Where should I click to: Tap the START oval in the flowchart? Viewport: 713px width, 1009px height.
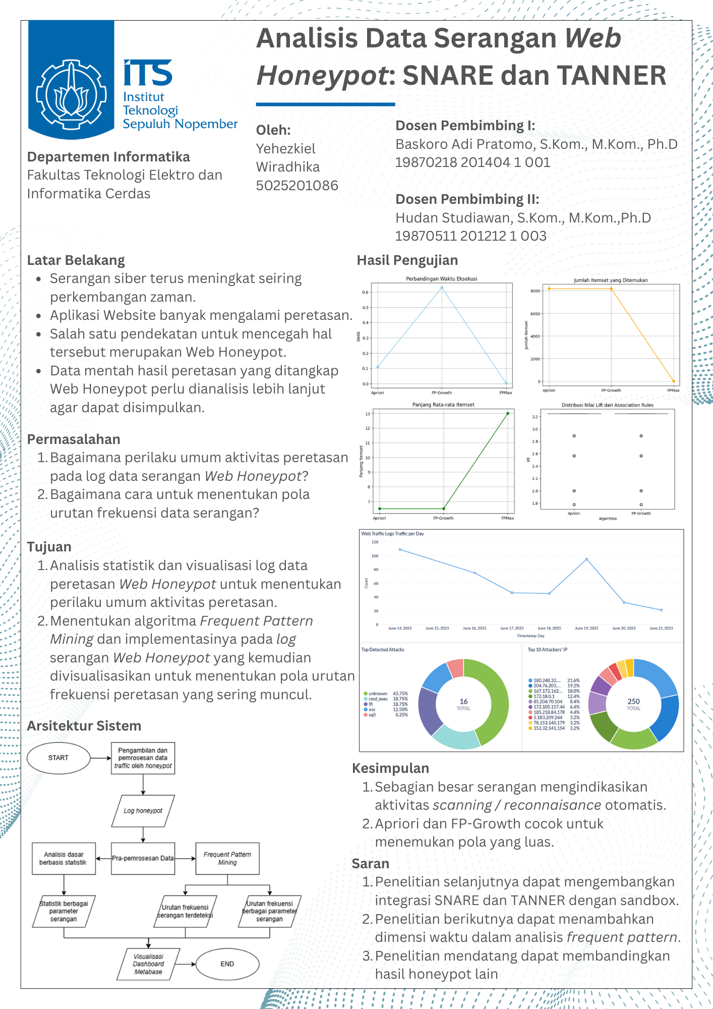(58, 758)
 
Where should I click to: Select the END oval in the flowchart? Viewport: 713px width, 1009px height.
(227, 964)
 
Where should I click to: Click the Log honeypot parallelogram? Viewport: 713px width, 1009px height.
(143, 811)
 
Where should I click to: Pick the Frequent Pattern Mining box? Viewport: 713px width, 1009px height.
(227, 858)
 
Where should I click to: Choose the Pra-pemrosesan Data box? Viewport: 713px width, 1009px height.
(143, 858)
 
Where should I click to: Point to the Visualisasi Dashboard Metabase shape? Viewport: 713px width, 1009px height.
(148, 964)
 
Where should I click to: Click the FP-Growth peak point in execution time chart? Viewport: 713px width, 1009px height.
(442, 288)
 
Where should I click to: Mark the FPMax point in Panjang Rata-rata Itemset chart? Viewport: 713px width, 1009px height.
(508, 414)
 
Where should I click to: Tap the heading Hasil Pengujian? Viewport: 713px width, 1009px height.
(407, 260)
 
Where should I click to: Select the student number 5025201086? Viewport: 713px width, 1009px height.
(297, 186)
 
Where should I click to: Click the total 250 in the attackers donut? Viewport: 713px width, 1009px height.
(633, 702)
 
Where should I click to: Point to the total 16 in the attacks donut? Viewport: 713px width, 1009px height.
(463, 702)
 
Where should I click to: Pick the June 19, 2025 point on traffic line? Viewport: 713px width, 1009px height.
(586, 559)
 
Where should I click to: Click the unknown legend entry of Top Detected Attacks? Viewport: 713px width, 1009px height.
(378, 694)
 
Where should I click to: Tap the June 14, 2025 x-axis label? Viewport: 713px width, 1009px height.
(400, 628)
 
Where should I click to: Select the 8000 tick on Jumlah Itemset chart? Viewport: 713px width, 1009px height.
(535, 291)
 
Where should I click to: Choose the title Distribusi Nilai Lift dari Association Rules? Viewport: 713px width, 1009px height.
(608, 405)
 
